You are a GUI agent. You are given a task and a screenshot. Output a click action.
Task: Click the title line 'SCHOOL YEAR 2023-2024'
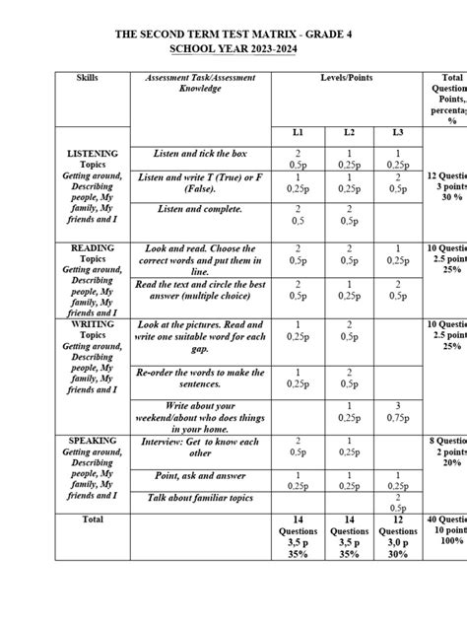pos(233,48)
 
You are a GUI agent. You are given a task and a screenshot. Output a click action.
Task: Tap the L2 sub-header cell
pos(349,132)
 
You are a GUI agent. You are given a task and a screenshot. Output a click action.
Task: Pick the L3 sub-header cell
pos(398,132)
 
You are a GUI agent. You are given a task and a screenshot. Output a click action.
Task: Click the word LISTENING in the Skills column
pos(93,154)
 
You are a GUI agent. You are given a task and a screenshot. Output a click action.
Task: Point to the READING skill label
pos(93,248)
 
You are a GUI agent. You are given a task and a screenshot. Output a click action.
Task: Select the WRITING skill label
pos(93,323)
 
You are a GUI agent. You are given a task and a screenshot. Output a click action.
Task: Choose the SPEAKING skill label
pos(93,440)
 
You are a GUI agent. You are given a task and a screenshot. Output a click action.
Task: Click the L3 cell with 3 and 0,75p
pos(398,412)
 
